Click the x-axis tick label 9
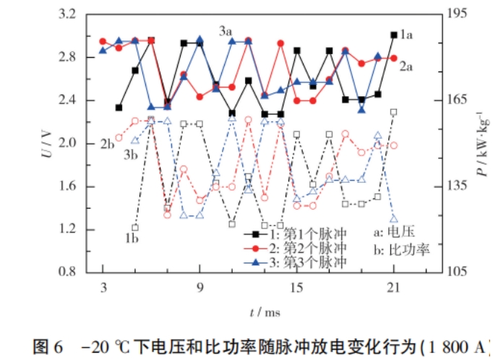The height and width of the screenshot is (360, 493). point(200,287)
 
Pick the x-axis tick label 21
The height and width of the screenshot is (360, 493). point(393,287)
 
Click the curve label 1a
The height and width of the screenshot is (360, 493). point(406,34)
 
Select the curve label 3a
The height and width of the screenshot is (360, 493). point(226,31)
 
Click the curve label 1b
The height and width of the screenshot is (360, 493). point(132,237)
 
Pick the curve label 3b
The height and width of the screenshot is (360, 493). point(131,153)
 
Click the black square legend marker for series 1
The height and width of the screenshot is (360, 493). point(254,234)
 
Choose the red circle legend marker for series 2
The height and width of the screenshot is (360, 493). point(254,248)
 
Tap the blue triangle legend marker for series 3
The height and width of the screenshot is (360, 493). point(254,261)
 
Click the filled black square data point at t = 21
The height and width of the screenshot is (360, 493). point(393,35)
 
